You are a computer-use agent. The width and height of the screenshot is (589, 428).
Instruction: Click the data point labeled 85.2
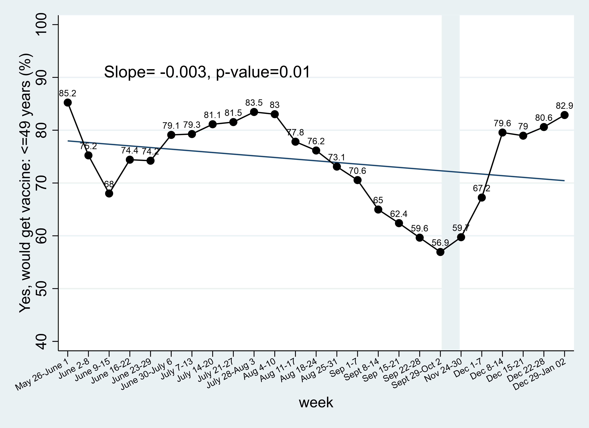pyautogui.click(x=68, y=103)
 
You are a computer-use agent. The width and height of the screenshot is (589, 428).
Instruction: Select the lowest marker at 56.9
pyautogui.click(x=440, y=252)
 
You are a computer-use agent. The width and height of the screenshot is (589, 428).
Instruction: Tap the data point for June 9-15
pyautogui.click(x=109, y=193)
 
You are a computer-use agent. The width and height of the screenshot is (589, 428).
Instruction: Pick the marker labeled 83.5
pyautogui.click(x=254, y=112)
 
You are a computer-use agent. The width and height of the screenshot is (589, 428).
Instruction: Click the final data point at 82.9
pyautogui.click(x=564, y=115)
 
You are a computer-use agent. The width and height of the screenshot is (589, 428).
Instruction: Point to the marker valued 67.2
pyautogui.click(x=482, y=198)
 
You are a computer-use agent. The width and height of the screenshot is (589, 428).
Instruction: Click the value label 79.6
pyautogui.click(x=502, y=123)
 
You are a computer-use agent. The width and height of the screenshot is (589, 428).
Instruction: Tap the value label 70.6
pyautogui.click(x=357, y=171)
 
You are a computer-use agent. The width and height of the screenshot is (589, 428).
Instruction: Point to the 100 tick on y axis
pyautogui.click(x=41, y=25)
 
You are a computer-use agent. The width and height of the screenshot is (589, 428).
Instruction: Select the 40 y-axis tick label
pyautogui.click(x=41, y=341)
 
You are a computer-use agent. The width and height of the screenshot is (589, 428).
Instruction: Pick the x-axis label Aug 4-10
pyautogui.click(x=260, y=369)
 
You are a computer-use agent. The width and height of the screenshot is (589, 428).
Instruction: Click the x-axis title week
pyautogui.click(x=316, y=402)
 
